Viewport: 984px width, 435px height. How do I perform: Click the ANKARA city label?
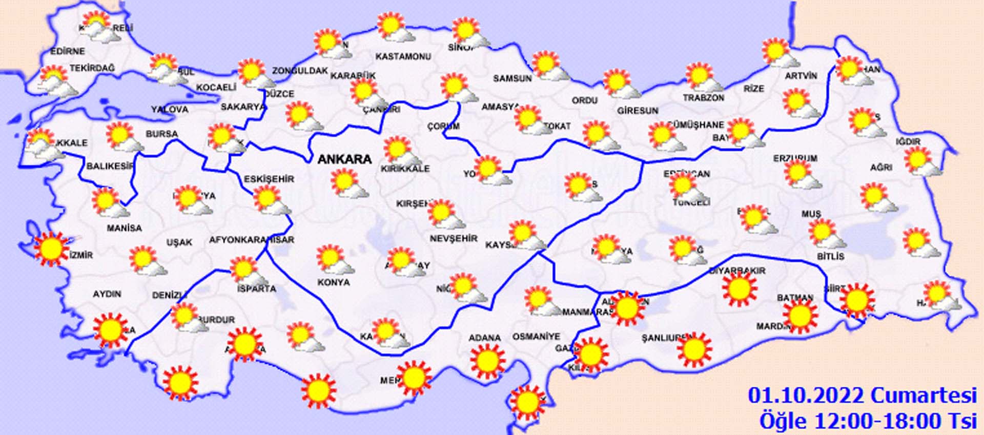click(344, 159)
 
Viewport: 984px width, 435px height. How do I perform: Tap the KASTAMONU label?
click(403, 56)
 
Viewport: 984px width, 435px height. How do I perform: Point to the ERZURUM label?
click(795, 158)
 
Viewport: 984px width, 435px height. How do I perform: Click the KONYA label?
click(334, 282)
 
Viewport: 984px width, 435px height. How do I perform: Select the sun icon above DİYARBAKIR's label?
click(739, 289)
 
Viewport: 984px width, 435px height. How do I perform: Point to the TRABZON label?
click(703, 97)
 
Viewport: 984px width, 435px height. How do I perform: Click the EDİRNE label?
click(67, 51)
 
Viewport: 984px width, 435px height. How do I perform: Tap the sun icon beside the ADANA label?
click(487, 361)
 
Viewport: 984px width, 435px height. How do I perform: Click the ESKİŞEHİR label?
click(269, 179)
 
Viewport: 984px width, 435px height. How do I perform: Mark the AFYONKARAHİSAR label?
click(251, 239)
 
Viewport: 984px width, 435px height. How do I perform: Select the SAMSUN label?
click(512, 78)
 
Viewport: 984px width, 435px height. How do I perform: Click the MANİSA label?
click(124, 227)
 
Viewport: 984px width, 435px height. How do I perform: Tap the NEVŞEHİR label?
click(453, 238)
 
